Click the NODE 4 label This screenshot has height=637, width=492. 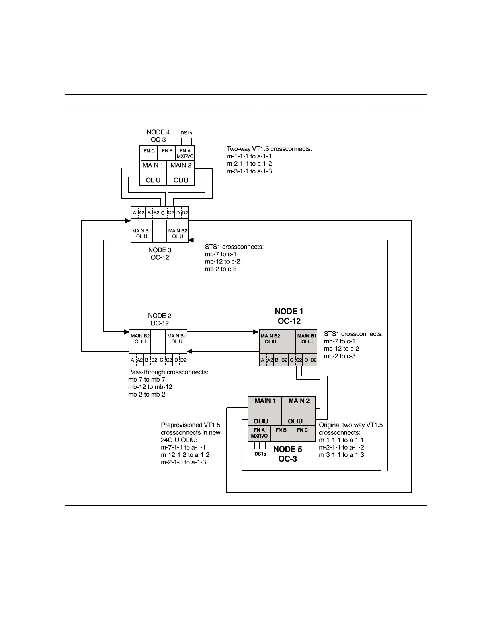click(x=158, y=132)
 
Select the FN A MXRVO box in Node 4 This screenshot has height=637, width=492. click(x=185, y=153)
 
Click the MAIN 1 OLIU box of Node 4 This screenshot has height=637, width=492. click(x=153, y=173)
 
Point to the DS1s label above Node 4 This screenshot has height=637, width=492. click(x=186, y=133)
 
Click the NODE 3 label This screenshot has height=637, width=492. click(x=160, y=250)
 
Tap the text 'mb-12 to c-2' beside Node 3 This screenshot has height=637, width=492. click(x=222, y=261)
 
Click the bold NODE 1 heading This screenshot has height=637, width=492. click(x=289, y=312)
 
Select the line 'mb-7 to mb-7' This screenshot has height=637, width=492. click(x=147, y=380)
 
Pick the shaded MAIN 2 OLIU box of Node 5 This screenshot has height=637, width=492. click(x=298, y=410)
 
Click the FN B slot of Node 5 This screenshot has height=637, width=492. click(x=281, y=433)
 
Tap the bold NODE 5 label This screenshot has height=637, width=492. click(x=287, y=450)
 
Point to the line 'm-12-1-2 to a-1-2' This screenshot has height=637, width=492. click(x=185, y=455)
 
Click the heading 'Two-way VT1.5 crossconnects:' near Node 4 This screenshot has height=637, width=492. click(x=269, y=149)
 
